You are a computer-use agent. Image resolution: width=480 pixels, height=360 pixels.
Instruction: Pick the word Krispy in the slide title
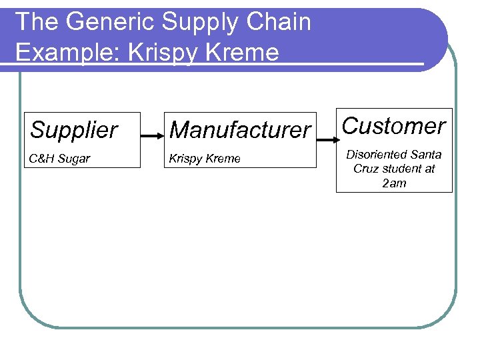coord(166,52)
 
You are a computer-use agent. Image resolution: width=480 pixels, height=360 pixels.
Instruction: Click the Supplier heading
coord(73,130)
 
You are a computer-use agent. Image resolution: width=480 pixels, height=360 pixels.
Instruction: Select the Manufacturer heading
coord(240,130)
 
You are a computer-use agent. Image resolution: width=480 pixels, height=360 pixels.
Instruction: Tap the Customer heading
coord(393,126)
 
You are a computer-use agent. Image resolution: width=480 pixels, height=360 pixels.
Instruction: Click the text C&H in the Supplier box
coord(42,159)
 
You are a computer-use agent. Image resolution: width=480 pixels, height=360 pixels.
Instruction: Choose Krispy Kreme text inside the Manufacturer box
coord(205,159)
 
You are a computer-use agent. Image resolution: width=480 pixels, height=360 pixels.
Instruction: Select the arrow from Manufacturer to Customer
coord(326,140)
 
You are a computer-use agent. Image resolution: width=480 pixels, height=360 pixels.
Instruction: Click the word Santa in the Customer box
coord(427,155)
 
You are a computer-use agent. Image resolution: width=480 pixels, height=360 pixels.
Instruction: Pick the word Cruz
coord(365,169)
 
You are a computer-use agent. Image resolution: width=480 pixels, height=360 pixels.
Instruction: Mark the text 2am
coord(394,183)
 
